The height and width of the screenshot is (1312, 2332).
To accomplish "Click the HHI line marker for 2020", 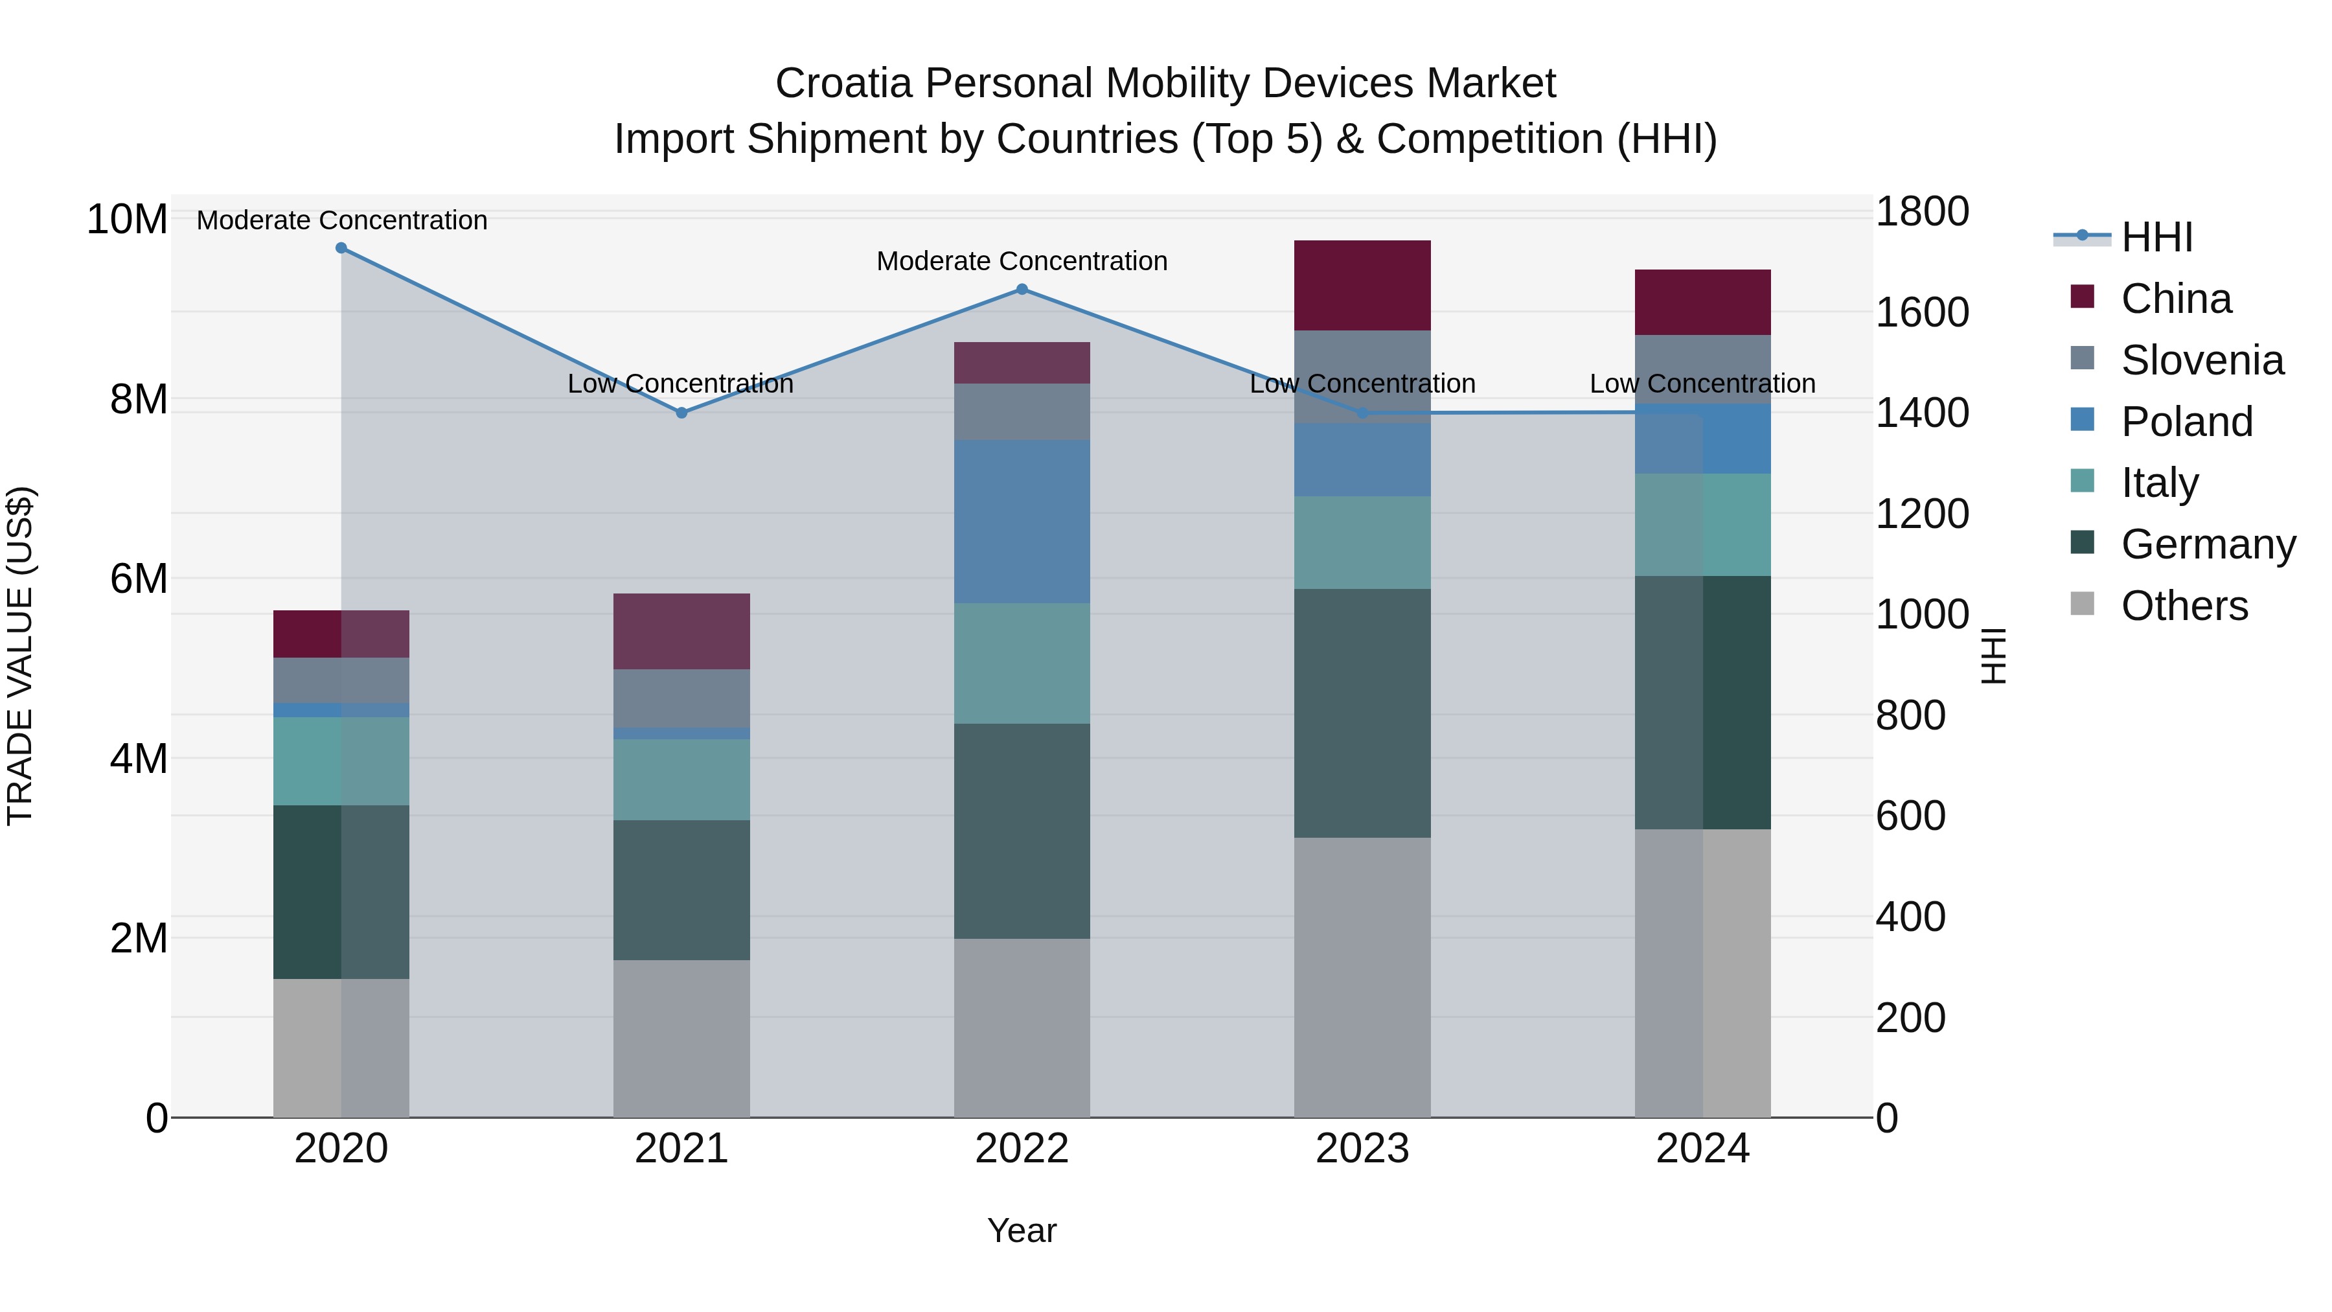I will point(341,248).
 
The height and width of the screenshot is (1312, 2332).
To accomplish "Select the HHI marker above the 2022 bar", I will point(1022,290).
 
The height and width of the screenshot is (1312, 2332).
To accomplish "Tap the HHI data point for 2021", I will point(681,413).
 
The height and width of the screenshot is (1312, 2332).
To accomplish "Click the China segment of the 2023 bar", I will point(1362,285).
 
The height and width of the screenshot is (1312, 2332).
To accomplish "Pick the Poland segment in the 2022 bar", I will point(1022,522).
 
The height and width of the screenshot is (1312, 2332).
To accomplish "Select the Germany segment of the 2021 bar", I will point(681,890).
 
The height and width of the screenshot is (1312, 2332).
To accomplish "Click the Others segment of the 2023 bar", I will point(1362,977).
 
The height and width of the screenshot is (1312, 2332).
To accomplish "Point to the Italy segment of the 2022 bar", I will point(1022,663).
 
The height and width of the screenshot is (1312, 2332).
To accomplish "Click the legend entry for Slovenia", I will point(2202,360).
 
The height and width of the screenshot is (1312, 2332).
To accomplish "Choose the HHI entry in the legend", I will point(2156,237).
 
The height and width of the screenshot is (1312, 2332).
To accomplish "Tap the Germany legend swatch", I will point(2082,544).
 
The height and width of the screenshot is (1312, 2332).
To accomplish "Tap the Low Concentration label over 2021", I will point(681,384).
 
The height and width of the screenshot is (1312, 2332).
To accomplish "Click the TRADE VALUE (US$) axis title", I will point(21,656).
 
